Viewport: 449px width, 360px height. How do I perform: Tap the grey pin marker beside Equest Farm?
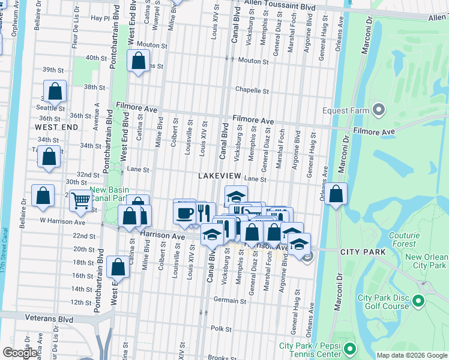[x=378, y=110]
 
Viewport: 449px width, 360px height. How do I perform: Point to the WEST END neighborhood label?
[x=56, y=127]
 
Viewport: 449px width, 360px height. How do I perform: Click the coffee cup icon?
[x=184, y=212]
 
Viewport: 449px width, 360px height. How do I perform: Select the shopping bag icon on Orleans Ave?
[x=337, y=194]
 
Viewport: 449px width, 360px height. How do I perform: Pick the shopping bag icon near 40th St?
[x=138, y=60]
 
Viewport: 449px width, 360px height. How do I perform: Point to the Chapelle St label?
[x=252, y=91]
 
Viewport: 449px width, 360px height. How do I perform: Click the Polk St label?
[x=221, y=329]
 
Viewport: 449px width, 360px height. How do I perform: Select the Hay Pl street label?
[x=99, y=19]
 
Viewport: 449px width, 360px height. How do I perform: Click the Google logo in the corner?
[x=20, y=353]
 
